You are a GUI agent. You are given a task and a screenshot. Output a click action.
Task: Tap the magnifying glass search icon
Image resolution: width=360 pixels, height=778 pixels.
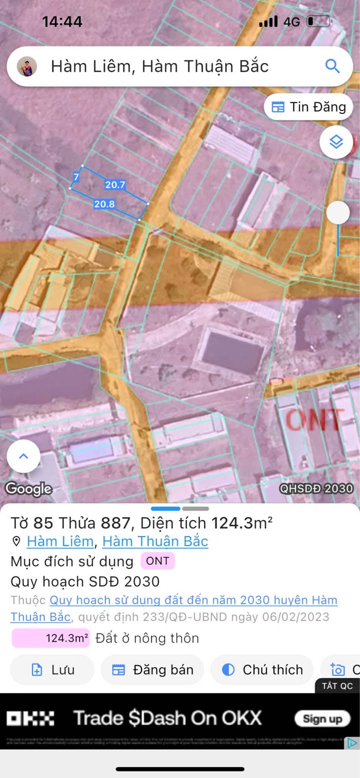coord(332,66)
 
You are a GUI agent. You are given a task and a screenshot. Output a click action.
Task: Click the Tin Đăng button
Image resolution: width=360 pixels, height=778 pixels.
coord(308,107)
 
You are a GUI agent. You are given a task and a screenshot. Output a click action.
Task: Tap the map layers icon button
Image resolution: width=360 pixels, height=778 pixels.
coord(336,142)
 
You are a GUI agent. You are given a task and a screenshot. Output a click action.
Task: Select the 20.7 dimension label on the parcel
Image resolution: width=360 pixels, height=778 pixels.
coord(115,185)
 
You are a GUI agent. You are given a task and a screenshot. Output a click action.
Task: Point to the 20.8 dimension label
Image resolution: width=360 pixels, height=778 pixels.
coord(104,204)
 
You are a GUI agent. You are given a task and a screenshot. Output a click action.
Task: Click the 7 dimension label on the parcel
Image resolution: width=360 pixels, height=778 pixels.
coord(76,177)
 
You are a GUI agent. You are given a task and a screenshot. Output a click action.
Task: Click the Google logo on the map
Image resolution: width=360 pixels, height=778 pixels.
coord(28,489)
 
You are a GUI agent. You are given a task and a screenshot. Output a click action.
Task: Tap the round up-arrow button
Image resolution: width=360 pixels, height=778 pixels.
coord(23,456)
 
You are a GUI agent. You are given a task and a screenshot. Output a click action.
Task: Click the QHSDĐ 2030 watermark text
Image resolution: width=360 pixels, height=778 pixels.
coord(316,488)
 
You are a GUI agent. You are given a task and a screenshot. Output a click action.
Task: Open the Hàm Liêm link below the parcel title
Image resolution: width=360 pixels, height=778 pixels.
coord(60,541)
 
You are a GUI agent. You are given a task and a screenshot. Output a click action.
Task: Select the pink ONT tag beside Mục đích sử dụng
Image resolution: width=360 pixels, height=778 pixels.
coord(157,561)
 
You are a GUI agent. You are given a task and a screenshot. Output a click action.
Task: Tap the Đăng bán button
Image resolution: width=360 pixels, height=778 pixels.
coord(152,670)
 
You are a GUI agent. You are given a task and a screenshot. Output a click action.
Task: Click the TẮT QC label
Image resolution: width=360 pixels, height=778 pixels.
coord(337,686)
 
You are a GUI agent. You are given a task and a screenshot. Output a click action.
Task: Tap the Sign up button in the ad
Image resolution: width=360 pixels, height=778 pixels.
coord(322,719)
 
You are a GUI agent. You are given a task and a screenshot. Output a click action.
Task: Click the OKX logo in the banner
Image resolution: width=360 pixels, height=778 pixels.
coord(30,719)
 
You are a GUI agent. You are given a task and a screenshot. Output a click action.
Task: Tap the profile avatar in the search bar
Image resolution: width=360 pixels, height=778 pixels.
coord(27,66)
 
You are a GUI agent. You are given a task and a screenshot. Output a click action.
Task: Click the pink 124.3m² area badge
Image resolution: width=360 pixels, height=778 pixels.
coord(51,638)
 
